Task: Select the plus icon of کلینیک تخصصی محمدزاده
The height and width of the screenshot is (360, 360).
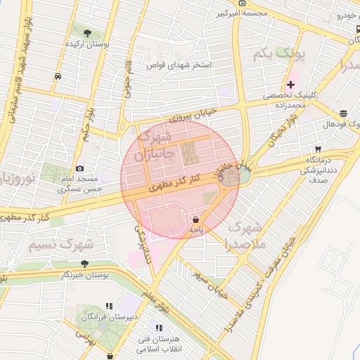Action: click(290, 84)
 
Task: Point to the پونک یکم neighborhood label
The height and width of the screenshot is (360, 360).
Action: click(293, 53)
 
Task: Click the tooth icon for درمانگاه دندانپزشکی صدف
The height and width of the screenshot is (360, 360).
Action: click(319, 149)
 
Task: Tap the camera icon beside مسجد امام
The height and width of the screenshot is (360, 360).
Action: click(80, 169)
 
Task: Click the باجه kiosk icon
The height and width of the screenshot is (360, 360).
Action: click(195, 219)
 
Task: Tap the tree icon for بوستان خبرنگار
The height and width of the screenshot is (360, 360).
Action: click(84, 264)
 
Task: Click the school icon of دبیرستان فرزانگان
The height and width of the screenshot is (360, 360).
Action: click(108, 306)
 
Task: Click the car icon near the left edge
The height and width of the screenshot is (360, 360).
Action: click(58, 77)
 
